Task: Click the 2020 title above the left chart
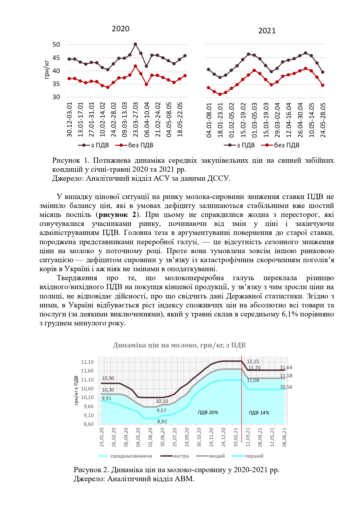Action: click(120, 29)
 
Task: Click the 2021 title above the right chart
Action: click(267, 31)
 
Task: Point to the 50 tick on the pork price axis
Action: click(56, 45)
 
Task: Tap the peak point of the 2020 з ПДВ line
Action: click(135, 44)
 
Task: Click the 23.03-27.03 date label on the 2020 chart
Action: click(135, 119)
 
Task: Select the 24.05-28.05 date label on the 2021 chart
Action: click(323, 120)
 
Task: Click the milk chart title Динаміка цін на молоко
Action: click(179, 345)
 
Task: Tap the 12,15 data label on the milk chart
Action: click(253, 361)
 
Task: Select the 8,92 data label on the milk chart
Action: click(162, 421)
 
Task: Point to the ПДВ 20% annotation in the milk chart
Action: click(208, 412)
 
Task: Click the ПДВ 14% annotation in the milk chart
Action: click(259, 413)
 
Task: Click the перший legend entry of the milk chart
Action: click(254, 456)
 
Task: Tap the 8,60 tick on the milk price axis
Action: click(87, 424)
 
